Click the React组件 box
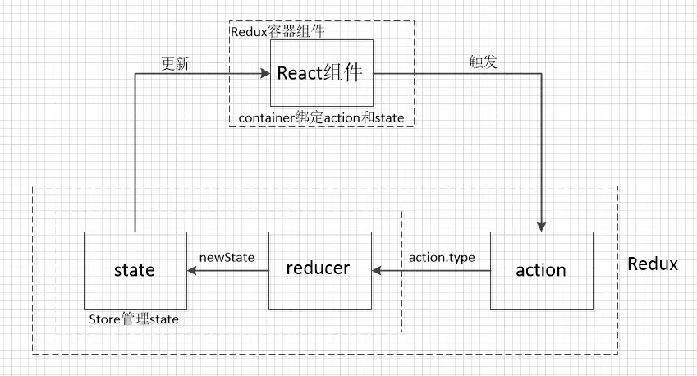(x=322, y=72)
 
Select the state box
(x=135, y=270)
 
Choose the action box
(x=541, y=270)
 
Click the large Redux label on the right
(x=653, y=264)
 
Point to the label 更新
(x=177, y=63)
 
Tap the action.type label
(x=442, y=257)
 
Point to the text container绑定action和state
(x=321, y=117)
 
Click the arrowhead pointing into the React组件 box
(x=264, y=73)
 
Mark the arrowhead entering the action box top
(x=541, y=227)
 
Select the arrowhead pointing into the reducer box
(x=377, y=269)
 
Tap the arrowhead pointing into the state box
(x=191, y=269)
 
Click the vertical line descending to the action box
(x=541, y=148)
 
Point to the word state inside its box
(x=135, y=270)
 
